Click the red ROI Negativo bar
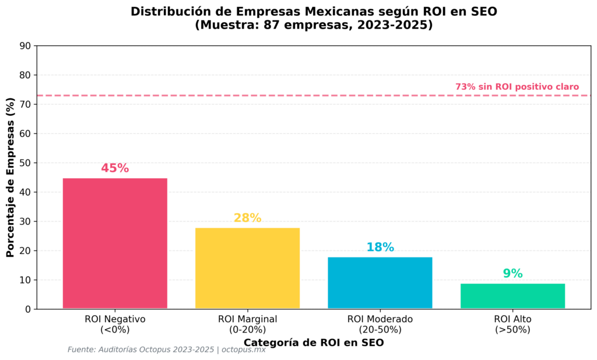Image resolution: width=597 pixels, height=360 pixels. click(x=115, y=243)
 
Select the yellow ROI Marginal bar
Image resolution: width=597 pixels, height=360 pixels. click(x=247, y=268)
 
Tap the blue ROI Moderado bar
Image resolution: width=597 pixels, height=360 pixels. click(x=380, y=283)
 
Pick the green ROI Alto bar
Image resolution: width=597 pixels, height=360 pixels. click(x=512, y=296)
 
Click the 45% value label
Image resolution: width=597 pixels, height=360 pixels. click(x=115, y=168)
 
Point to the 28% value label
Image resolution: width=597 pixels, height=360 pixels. click(x=247, y=218)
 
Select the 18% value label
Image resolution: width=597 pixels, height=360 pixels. click(x=380, y=247)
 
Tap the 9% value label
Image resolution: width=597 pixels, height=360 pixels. click(x=512, y=274)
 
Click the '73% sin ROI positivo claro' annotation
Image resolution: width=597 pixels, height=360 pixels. click(x=517, y=87)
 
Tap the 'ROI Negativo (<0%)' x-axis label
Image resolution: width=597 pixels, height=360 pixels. click(x=115, y=324)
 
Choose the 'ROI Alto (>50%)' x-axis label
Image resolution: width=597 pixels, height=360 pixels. click(x=512, y=324)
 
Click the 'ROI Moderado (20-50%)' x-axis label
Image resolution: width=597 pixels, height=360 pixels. click(x=380, y=324)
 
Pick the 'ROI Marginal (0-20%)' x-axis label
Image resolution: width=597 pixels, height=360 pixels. click(x=247, y=324)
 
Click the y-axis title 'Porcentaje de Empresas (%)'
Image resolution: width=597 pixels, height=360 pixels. click(x=10, y=177)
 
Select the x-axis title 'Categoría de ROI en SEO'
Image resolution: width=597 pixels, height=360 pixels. click(x=314, y=343)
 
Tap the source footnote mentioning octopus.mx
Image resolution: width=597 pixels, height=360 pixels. click(x=166, y=350)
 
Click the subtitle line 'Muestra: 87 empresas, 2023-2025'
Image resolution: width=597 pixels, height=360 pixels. click(x=314, y=26)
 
